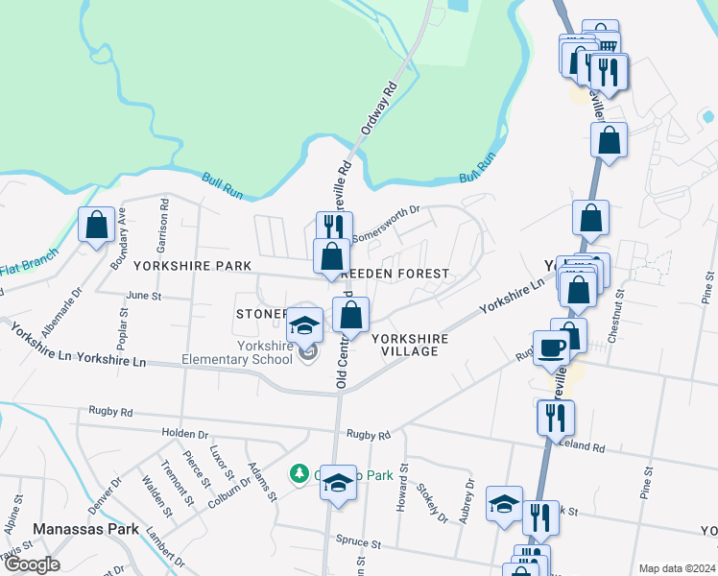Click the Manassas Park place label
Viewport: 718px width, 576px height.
coord(87,529)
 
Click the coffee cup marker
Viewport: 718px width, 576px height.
coord(552,348)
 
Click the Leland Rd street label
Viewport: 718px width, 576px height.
coord(585,447)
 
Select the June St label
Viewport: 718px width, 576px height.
coord(143,296)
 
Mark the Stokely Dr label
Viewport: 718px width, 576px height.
coord(432,501)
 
